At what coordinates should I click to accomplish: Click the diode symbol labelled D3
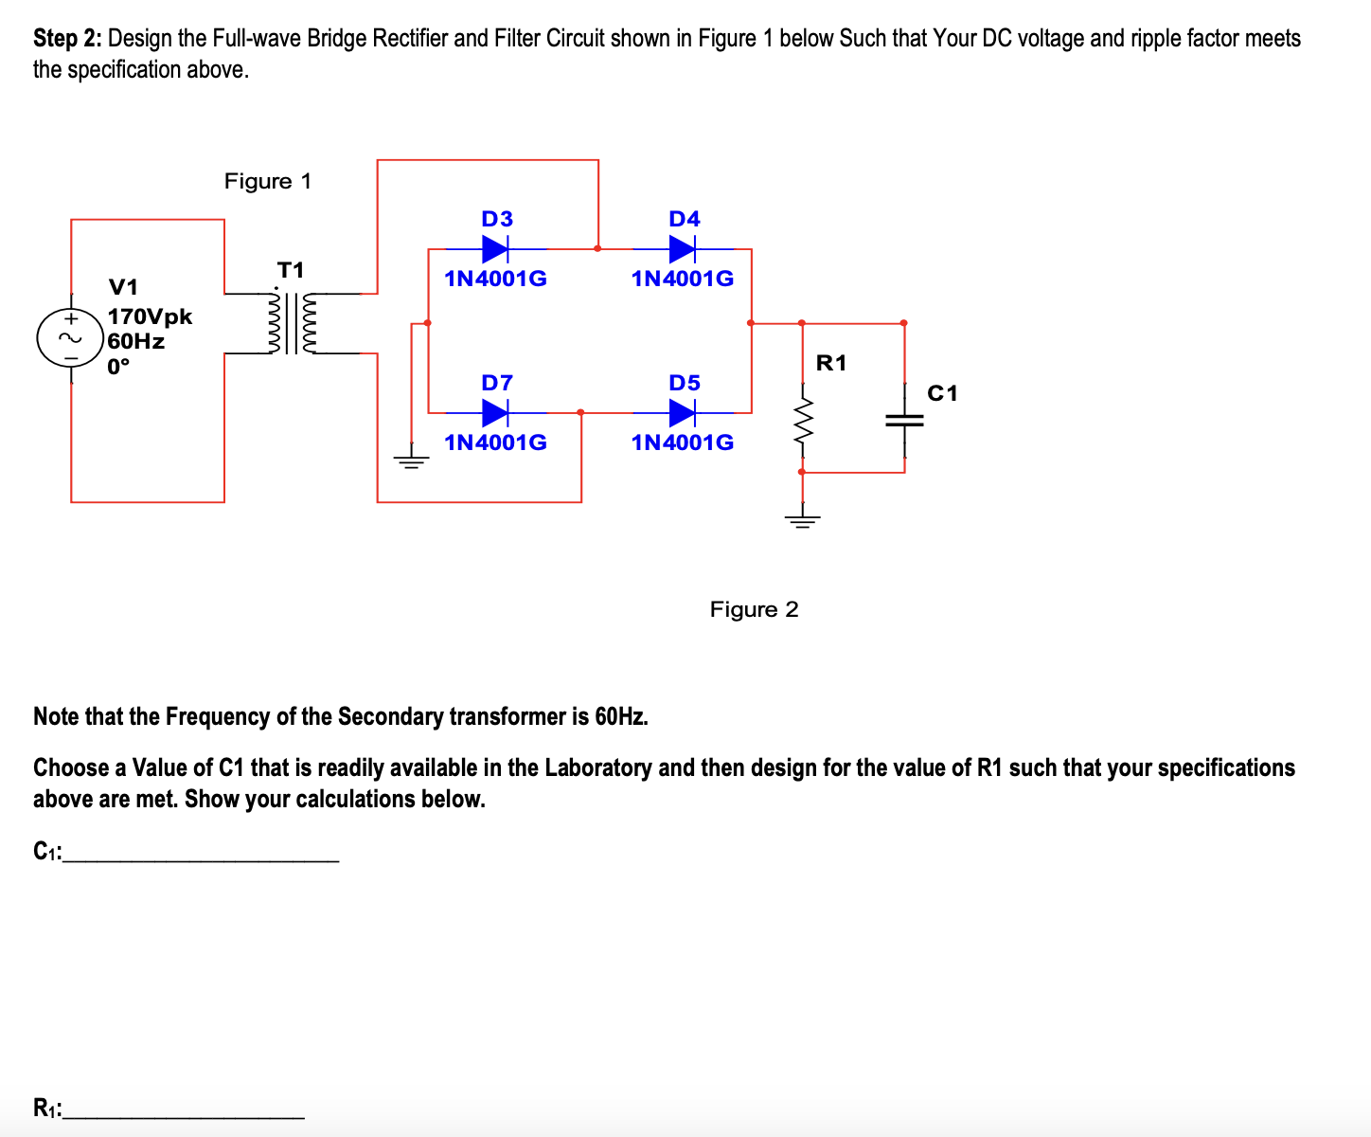pos(495,249)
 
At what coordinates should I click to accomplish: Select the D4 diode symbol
pos(683,249)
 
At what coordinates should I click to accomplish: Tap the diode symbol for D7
pos(495,413)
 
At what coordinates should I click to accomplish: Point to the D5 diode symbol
pos(683,413)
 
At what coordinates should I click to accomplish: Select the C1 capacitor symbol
pos(904,421)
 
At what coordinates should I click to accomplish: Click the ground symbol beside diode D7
pos(412,462)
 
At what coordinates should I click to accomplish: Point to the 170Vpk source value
pos(150,316)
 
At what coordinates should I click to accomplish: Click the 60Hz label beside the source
pos(136,341)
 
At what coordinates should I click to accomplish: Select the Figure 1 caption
pos(268,181)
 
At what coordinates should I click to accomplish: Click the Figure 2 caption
pos(754,609)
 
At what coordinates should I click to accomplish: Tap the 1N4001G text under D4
pos(683,279)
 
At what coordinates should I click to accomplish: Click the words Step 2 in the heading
pos(68,39)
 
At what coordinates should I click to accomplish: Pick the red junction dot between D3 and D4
pos(597,248)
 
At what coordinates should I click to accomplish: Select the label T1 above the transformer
pos(291,270)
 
